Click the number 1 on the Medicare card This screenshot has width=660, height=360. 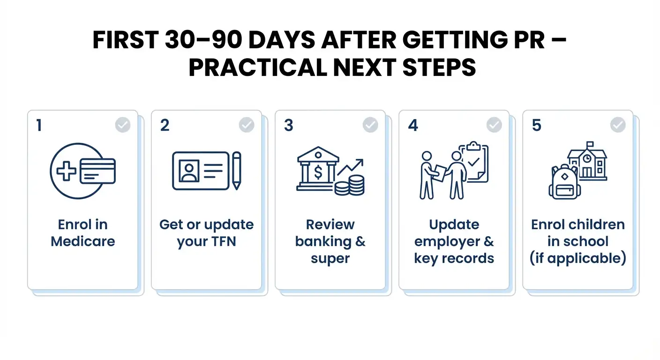[x=39, y=126]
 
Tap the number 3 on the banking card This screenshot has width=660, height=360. [x=289, y=126]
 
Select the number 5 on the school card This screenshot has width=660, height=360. [x=537, y=126]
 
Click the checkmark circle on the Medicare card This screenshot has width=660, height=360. [x=123, y=125]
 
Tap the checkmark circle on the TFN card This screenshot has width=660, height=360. [x=247, y=125]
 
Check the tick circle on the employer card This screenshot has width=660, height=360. [x=494, y=125]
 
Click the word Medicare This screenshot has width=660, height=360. [x=83, y=241]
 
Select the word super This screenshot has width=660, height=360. [x=330, y=258]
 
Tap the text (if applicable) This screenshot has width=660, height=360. [x=578, y=258]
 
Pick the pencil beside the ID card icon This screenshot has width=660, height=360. [x=236, y=170]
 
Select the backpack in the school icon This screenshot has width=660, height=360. [x=564, y=183]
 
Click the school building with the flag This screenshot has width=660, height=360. [x=587, y=161]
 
